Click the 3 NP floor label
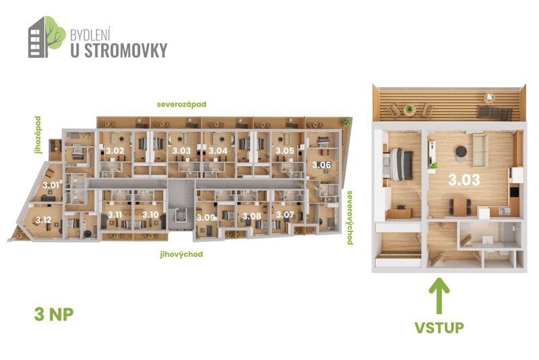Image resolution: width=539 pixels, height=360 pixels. coord(53,314)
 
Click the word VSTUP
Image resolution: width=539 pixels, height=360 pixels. coord(439,328)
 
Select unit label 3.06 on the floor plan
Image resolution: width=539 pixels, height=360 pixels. coord(319,164)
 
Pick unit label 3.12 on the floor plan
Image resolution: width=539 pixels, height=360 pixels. coord(44,220)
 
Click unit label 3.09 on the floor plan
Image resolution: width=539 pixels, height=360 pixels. coord(205,217)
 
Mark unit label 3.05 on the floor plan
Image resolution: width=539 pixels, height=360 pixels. coord(285,150)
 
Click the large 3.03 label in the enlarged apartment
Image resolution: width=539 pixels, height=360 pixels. coord(464,180)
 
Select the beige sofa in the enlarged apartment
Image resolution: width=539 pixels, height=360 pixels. coord(480,150)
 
